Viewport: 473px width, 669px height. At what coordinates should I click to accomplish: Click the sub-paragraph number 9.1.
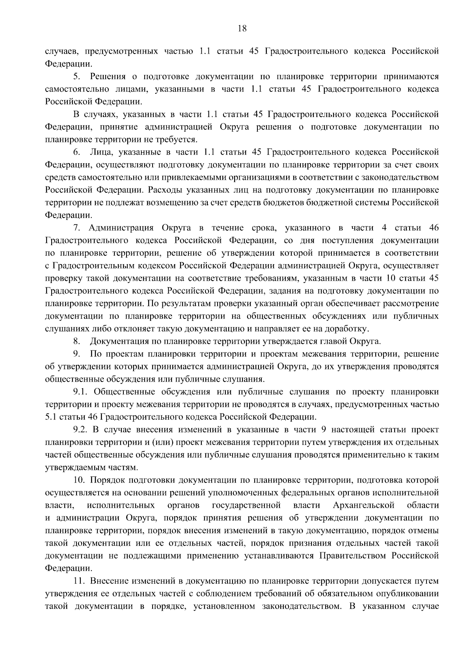[81, 392]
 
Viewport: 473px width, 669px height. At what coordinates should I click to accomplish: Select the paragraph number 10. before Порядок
[79, 480]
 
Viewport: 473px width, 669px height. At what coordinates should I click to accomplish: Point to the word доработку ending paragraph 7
[349, 329]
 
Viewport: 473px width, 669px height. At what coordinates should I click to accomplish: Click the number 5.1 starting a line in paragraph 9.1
[51, 417]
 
